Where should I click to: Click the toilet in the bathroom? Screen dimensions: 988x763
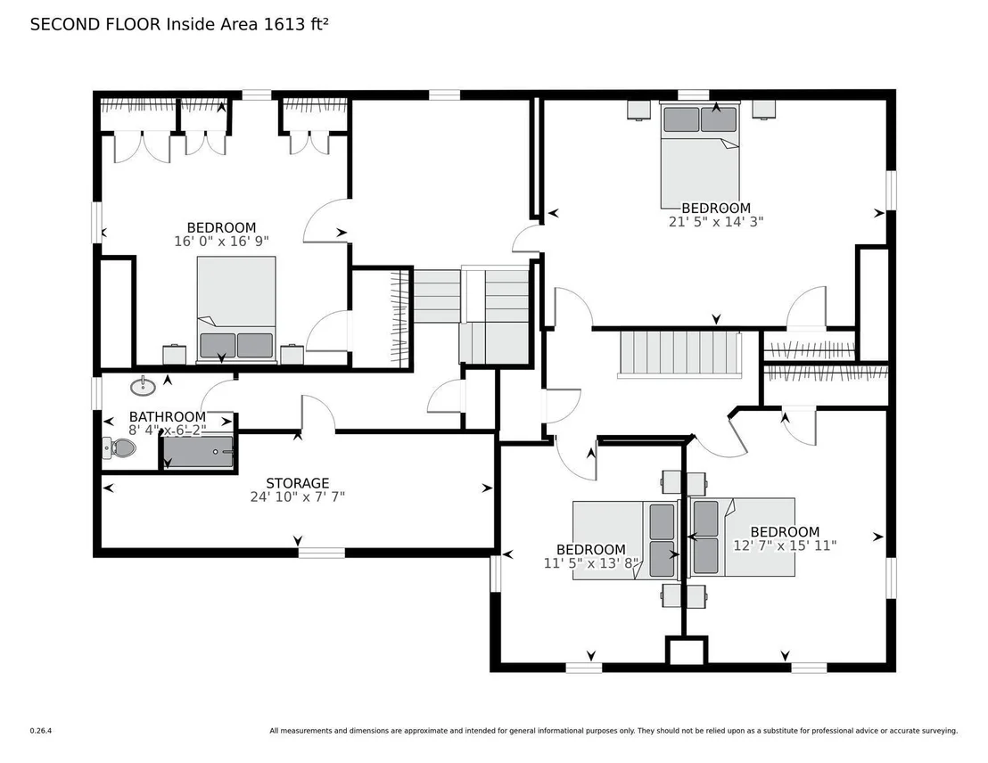tap(119, 448)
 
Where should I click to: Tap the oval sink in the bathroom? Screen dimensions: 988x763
tap(144, 386)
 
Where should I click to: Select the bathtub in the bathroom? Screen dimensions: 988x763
tap(198, 451)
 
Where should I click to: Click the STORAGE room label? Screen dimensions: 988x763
tap(298, 483)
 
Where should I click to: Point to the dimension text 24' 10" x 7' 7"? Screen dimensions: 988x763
tap(298, 497)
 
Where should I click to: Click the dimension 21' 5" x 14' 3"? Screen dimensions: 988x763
tap(716, 222)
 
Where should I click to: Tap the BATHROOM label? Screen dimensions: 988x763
tap(168, 416)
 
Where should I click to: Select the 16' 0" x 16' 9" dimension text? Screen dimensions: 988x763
tap(222, 242)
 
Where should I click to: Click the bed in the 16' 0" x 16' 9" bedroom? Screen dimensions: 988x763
tap(236, 309)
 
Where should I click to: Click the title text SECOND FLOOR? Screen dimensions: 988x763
tap(95, 25)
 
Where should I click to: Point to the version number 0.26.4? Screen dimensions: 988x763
tap(41, 731)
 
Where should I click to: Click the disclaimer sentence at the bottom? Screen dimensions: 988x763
tap(613, 731)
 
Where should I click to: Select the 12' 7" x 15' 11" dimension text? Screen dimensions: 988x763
tap(785, 546)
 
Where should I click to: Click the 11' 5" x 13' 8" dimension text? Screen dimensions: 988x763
tap(591, 563)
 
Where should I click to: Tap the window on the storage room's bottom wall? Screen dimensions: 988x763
tap(321, 553)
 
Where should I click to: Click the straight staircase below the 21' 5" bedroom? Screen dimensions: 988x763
tap(680, 355)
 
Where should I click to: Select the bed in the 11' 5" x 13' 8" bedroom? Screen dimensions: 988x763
tap(625, 540)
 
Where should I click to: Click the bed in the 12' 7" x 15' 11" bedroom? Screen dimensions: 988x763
tap(742, 537)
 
